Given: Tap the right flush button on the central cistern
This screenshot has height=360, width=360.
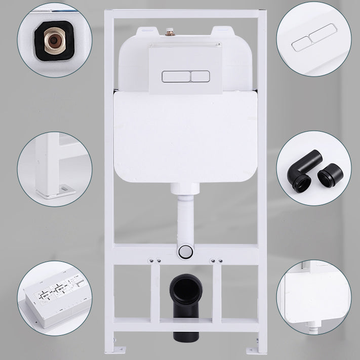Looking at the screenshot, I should [200, 76].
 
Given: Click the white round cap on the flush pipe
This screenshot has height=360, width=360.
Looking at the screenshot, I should [185, 251].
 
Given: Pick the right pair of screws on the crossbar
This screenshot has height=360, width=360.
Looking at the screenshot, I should [216, 261].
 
